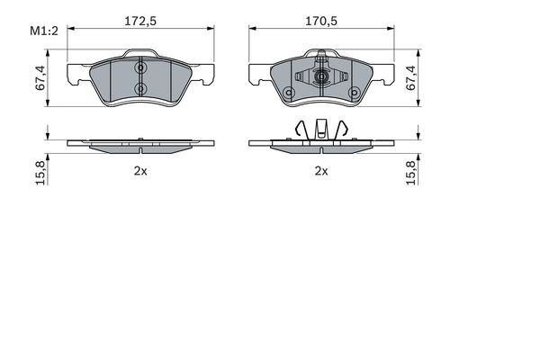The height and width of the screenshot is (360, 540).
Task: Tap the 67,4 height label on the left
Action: tap(39, 78)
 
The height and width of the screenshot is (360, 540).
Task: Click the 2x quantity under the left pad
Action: tap(139, 170)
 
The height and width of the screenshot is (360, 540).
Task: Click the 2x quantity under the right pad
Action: tap(321, 170)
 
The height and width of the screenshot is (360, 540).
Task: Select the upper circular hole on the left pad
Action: tap(139, 67)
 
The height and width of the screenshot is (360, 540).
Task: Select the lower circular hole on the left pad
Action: tap(139, 88)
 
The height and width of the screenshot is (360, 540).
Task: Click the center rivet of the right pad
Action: tap(321, 77)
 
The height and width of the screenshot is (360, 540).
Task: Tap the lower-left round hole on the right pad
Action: tap(288, 93)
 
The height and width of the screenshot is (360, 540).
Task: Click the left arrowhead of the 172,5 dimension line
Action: tap(68, 30)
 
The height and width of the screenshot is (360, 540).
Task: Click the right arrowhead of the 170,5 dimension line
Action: tap(393, 30)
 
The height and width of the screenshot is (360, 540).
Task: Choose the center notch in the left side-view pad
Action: tap(139, 142)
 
